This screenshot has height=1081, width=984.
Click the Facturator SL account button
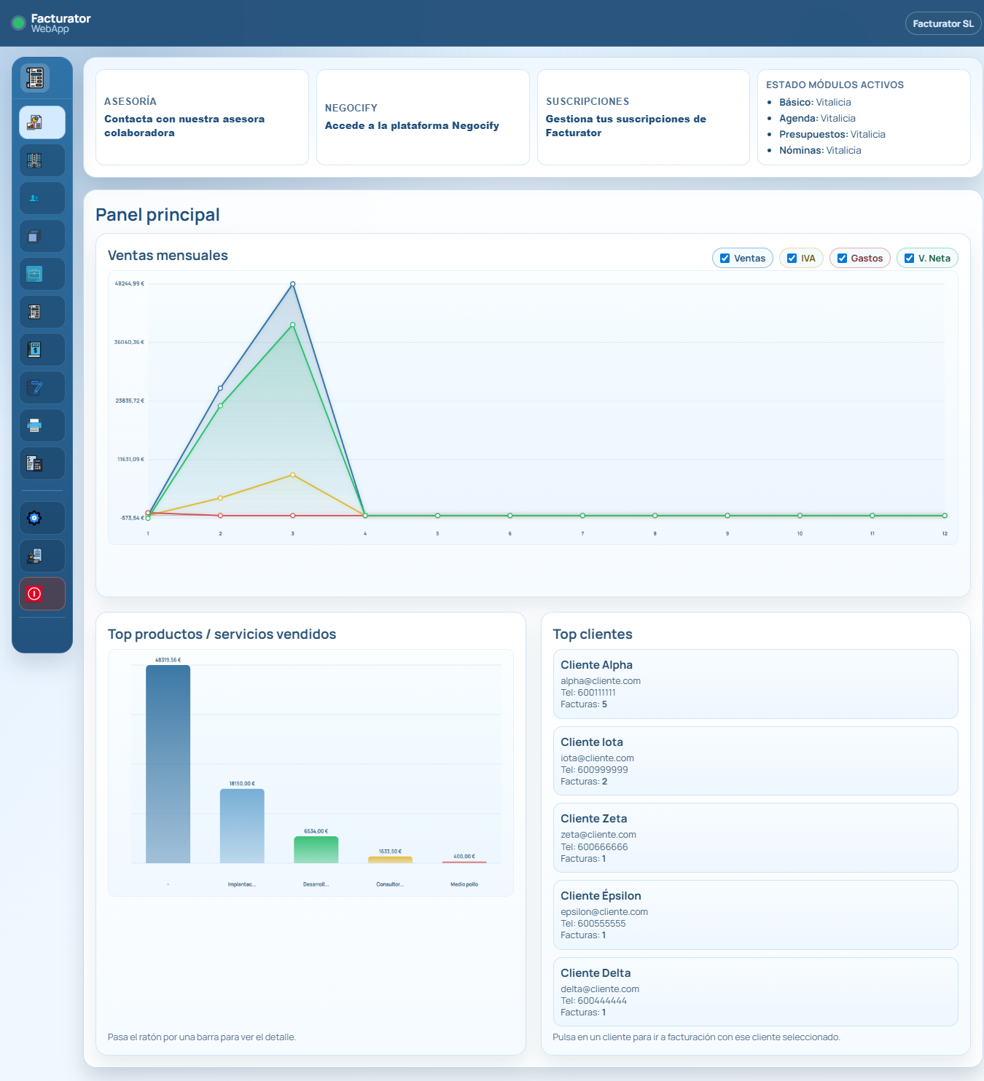(942, 24)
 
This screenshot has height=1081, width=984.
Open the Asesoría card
(202, 117)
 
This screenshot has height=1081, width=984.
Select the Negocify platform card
(423, 117)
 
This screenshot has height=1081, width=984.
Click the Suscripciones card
(643, 117)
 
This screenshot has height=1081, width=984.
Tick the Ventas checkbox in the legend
(725, 258)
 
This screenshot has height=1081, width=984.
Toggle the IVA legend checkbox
(792, 258)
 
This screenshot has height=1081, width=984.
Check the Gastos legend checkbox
(842, 258)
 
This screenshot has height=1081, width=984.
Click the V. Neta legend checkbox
(909, 258)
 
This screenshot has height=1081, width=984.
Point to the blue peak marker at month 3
(293, 283)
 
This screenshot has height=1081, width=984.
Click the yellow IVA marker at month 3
(293, 475)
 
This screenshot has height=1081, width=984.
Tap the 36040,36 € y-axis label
(129, 342)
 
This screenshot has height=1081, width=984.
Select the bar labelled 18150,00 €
(242, 825)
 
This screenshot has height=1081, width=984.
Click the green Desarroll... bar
(316, 849)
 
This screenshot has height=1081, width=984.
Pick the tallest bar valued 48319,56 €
(168, 763)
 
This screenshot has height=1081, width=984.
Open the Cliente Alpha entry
(755, 684)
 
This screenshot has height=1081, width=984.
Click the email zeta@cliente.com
(598, 834)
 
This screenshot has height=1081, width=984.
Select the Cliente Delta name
(596, 972)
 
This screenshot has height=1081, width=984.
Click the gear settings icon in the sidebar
(34, 518)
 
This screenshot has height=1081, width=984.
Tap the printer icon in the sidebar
(34, 425)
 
